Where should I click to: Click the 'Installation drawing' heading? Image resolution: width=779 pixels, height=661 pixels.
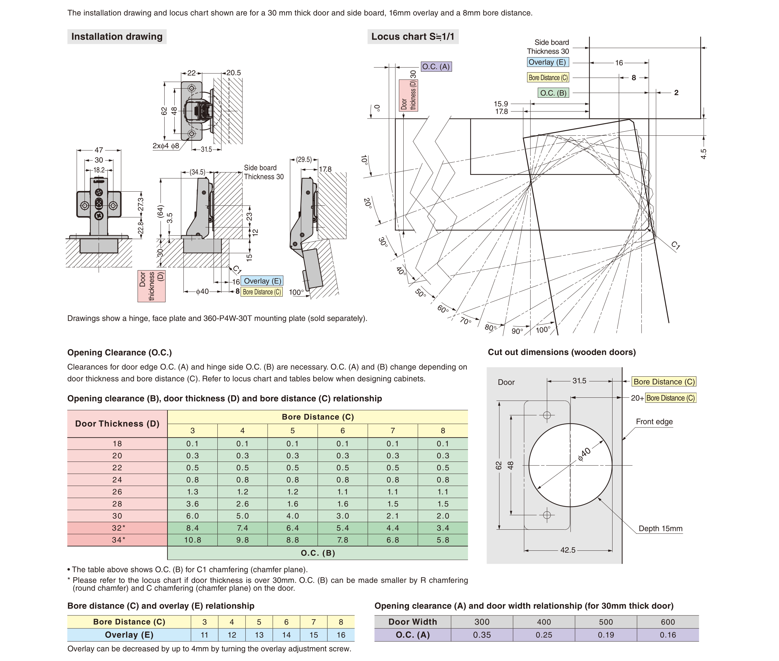coord(117,37)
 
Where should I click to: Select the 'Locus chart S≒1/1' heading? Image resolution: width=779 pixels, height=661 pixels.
coord(412,37)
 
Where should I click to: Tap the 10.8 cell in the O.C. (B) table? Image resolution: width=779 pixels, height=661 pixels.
coord(192,540)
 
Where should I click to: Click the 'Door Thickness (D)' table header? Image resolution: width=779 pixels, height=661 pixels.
coord(117,424)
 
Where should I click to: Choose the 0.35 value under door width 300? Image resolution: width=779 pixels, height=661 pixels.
coord(482,635)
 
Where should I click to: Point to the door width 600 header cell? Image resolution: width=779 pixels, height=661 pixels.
coord(668,622)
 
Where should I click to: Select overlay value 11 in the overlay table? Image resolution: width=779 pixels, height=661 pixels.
coord(204,635)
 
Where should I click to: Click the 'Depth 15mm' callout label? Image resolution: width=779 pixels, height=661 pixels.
coord(660,528)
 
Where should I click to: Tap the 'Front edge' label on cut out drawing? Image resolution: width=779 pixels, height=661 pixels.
coord(654,422)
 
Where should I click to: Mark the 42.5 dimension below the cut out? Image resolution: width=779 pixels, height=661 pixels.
coord(568,550)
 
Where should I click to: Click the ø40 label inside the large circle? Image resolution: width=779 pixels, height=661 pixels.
coord(584,454)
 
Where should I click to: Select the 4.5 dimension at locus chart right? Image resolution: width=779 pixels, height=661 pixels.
coord(703,154)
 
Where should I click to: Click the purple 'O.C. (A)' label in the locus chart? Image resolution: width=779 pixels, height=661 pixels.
coord(436,67)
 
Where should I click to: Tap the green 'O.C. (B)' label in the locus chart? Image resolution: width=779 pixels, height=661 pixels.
coord(553,93)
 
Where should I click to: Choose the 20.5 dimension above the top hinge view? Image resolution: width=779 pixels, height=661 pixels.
coord(233,73)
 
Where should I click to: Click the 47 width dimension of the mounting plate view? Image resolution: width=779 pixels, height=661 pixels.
coord(99,150)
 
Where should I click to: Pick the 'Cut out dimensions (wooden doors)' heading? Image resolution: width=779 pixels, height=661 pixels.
coord(561,352)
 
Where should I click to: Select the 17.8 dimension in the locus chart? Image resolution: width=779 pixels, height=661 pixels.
coord(501,112)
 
